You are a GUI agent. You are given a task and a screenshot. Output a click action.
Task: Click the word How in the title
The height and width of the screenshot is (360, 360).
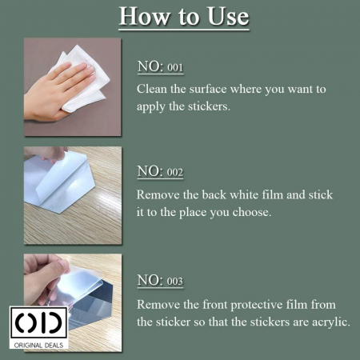click(x=144, y=16)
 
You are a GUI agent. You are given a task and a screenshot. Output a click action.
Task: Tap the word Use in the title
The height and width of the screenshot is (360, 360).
click(x=228, y=16)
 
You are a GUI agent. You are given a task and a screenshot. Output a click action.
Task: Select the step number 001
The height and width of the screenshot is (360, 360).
click(x=175, y=67)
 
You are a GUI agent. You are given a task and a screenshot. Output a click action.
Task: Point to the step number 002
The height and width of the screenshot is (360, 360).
click(x=175, y=172)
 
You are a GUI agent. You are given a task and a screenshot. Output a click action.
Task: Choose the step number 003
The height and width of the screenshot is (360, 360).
click(x=175, y=282)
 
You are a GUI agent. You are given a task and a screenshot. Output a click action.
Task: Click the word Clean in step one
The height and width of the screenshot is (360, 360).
click(x=152, y=89)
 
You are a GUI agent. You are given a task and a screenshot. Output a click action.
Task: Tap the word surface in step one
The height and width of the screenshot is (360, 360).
click(x=208, y=89)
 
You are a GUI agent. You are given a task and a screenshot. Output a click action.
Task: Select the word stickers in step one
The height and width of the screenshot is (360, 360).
click(x=209, y=106)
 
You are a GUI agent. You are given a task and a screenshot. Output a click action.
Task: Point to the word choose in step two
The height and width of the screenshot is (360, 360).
click(x=251, y=212)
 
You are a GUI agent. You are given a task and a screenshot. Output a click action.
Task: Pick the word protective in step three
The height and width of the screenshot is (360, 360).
click(x=257, y=305)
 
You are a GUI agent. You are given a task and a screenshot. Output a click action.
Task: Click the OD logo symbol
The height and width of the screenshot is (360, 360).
click(x=39, y=322)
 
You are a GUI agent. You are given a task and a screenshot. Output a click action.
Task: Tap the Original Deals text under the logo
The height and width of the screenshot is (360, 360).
click(x=39, y=346)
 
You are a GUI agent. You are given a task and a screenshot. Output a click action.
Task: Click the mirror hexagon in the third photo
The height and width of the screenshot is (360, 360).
click(x=90, y=306)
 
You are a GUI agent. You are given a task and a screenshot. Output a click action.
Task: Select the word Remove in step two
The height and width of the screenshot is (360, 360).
click(x=158, y=194)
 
